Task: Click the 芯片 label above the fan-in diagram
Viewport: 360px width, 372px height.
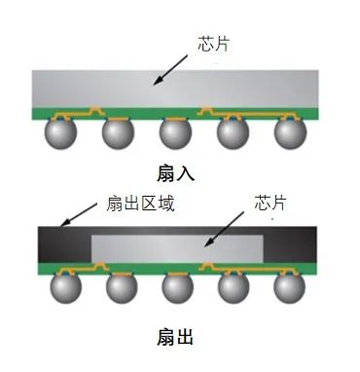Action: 215,44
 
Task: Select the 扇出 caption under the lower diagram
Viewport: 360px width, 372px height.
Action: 175,337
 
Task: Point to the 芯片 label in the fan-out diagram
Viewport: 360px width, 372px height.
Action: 270,204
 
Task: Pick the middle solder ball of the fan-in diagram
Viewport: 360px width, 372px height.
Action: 176,133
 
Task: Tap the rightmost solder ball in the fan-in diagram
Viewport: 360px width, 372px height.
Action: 290,133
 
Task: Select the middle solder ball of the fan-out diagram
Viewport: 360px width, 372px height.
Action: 176,287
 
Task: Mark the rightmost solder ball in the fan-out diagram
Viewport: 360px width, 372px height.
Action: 290,287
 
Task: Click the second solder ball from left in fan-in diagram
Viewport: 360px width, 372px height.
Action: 120,133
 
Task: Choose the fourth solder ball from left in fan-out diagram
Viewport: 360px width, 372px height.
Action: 234,287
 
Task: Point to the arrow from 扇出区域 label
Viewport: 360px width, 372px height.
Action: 80,216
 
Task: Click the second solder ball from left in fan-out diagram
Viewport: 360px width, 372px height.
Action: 120,287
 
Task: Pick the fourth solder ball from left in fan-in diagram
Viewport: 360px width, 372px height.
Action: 234,133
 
